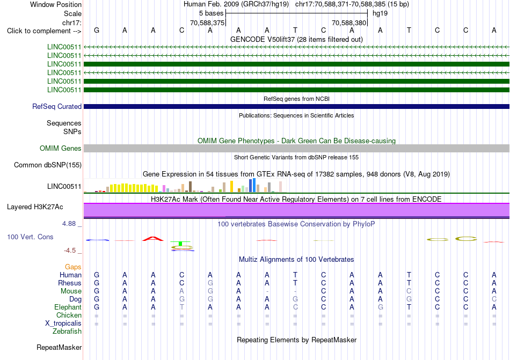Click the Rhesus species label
(x=70, y=283)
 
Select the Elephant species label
(x=68, y=307)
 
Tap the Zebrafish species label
(x=67, y=332)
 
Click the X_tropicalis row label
(x=63, y=324)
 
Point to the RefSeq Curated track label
(x=57, y=107)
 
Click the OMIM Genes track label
(x=61, y=149)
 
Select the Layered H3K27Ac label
(x=35, y=207)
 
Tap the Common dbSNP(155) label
(x=48, y=165)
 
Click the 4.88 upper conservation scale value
(x=69, y=224)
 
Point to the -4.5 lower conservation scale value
(x=70, y=250)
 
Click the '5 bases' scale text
(x=212, y=13)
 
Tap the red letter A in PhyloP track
(x=153, y=239)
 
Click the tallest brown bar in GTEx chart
(x=190, y=187)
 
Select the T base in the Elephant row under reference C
(x=181, y=307)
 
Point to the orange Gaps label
(x=73, y=267)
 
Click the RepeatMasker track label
(x=59, y=347)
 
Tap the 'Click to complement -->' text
(x=44, y=31)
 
